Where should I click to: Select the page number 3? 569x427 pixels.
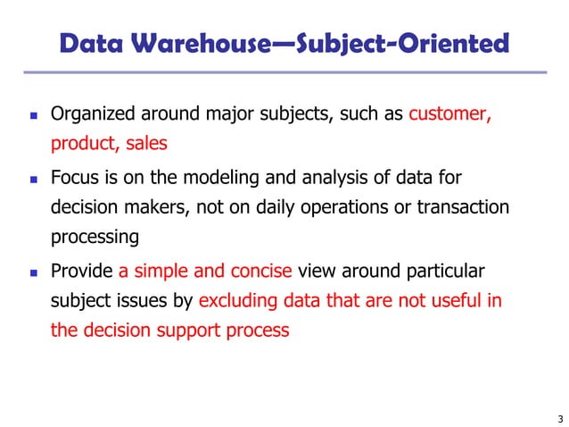557,418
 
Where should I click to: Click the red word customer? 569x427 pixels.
449,114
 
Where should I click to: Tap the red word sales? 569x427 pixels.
146,145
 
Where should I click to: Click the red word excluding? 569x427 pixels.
236,301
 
